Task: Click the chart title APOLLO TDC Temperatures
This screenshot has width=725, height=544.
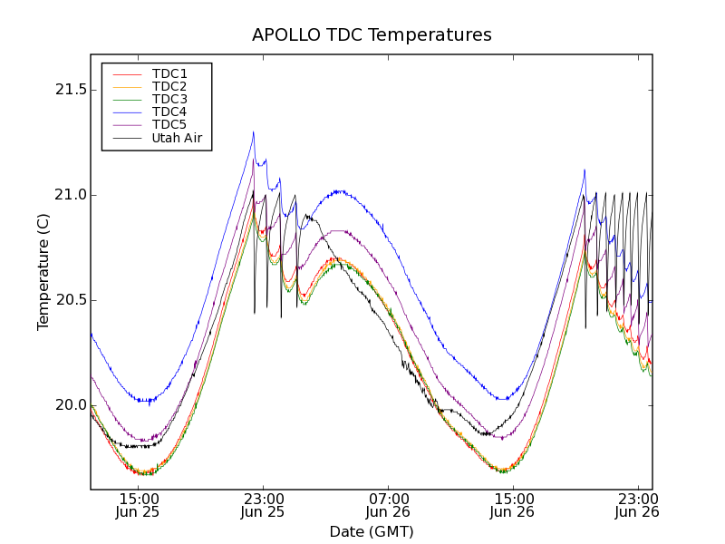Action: coord(372,35)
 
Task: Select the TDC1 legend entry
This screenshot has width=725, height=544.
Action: coord(169,73)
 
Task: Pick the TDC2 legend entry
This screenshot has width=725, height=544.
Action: coord(169,86)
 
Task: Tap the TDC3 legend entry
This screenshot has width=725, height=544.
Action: coord(169,99)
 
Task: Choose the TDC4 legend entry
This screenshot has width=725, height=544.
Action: coord(169,112)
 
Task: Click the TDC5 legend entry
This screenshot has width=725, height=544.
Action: coord(169,125)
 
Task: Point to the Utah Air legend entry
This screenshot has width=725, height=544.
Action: coord(177,139)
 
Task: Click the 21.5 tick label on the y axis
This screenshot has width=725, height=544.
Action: coord(69,90)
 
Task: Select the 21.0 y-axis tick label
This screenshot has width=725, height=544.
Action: coord(69,195)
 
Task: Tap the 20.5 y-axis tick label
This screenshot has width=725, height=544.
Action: coord(69,300)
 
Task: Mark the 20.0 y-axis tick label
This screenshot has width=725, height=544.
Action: coord(69,405)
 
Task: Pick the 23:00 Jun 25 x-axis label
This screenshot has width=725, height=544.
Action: coord(263,506)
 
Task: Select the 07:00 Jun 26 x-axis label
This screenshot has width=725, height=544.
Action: coord(388,506)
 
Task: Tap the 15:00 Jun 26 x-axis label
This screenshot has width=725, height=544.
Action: coord(513,506)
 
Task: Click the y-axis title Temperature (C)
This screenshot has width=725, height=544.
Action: coord(43,272)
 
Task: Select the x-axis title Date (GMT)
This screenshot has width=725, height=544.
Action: coord(372,531)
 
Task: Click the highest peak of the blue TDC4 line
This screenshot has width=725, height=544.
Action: coord(253,132)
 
